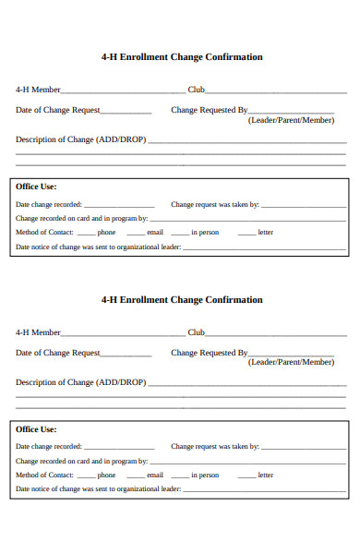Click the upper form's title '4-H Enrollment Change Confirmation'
point(181,57)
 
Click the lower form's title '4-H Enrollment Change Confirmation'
point(181,300)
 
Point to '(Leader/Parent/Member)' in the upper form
point(291,121)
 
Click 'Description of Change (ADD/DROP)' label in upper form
point(80,140)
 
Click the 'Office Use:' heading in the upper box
point(36,187)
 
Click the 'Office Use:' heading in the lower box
point(36,429)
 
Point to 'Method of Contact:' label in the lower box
point(44,476)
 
